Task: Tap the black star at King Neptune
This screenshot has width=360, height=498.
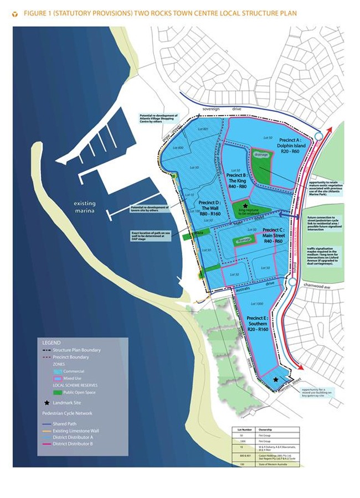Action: coord(245,205)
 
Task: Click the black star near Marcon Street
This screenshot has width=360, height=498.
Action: coord(276,380)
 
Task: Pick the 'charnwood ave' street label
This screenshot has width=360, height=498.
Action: coord(316,288)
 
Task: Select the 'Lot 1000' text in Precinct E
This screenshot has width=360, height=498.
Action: coord(256,304)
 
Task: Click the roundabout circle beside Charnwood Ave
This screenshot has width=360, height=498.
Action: coord(291,283)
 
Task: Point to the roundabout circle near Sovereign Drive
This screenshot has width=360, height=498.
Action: coord(317,136)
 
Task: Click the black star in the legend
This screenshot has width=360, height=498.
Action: coord(46,403)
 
